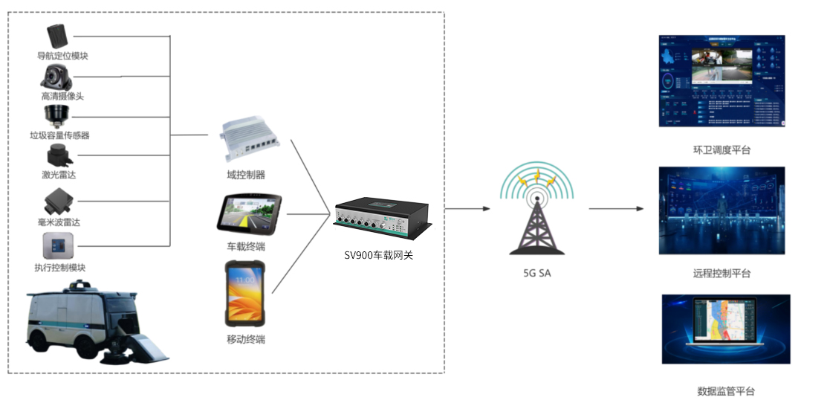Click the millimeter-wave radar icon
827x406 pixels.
point(58,199)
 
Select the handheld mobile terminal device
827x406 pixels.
point(245,294)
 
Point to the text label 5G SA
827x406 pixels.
point(537,273)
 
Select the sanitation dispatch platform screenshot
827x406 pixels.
point(721,81)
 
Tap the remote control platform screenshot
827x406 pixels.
point(721,210)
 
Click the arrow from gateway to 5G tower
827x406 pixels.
point(467,209)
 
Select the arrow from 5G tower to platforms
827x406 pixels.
point(616,209)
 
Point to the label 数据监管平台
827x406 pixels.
point(725,391)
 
